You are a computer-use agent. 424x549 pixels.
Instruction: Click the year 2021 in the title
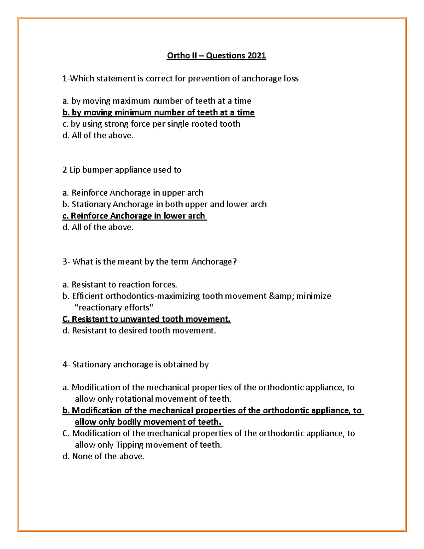tap(257, 56)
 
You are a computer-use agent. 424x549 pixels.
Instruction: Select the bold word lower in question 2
tap(173, 216)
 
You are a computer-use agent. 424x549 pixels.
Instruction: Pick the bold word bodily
tap(132, 422)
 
